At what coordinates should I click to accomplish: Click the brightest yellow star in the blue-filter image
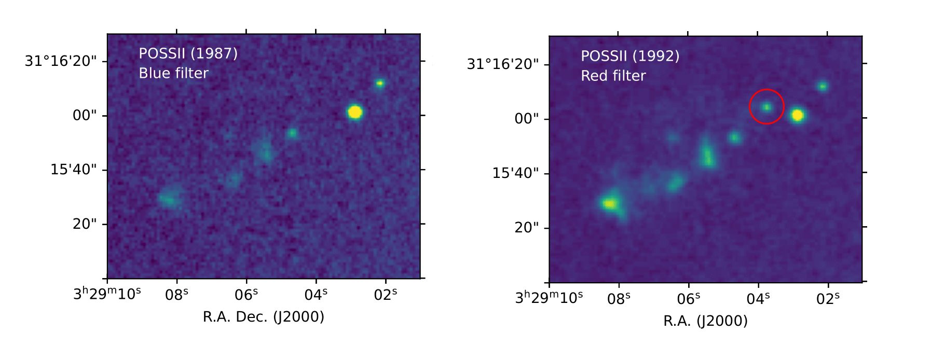coord(355,112)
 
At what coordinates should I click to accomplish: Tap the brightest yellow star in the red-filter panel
coord(798,115)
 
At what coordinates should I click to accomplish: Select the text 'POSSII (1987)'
coord(188,53)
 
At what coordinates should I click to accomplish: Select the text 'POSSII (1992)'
coord(630,56)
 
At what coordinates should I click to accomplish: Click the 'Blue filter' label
coord(173,73)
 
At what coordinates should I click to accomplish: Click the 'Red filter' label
coord(613,76)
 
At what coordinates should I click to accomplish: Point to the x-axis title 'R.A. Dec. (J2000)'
coord(263,316)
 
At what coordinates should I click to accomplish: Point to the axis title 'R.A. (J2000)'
coord(705,321)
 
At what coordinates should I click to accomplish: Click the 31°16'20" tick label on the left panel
coord(61,61)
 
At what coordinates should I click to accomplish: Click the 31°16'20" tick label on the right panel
coord(503,64)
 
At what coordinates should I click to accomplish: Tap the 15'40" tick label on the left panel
coord(74,170)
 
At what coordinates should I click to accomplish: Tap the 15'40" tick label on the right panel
coord(516,172)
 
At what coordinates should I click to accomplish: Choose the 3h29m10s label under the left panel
coord(107,294)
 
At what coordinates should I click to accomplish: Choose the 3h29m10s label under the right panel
coord(549,298)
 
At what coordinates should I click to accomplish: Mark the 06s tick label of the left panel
coord(247,295)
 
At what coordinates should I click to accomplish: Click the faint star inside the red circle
coord(766,107)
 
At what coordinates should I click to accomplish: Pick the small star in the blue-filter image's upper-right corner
coord(380,83)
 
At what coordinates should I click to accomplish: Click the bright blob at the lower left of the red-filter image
coord(610,203)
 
